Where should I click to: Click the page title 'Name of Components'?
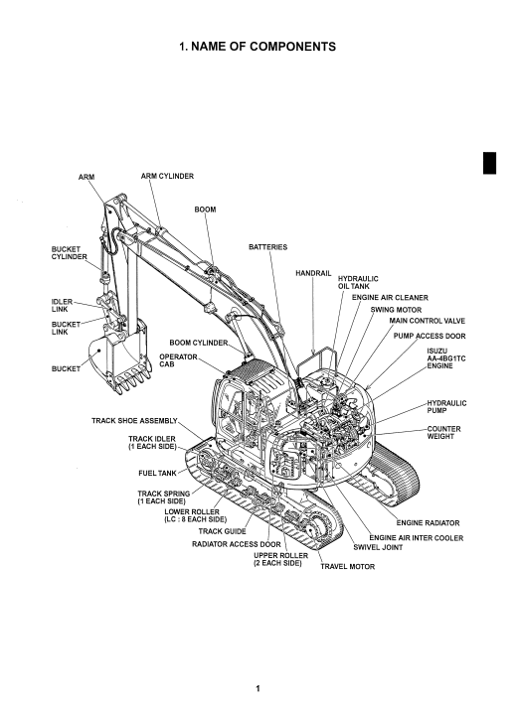[258, 47]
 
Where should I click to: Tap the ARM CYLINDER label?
[167, 176]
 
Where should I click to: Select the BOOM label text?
[205, 210]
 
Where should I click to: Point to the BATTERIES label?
[268, 247]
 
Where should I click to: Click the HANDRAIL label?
[313, 273]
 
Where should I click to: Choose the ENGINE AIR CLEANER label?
[390, 298]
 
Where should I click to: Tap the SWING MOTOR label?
[396, 310]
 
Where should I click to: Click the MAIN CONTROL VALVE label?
[428, 321]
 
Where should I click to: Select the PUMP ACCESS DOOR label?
[430, 336]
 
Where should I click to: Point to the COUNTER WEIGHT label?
[443, 433]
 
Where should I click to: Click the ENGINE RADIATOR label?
[429, 523]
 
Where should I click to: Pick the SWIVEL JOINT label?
[378, 547]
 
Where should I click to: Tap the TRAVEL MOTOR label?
[348, 566]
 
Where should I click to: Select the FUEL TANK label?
[157, 474]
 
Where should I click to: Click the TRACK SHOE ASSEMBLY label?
[134, 421]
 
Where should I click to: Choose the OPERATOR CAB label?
[178, 360]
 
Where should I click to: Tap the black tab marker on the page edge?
[489, 163]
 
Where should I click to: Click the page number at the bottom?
[259, 688]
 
